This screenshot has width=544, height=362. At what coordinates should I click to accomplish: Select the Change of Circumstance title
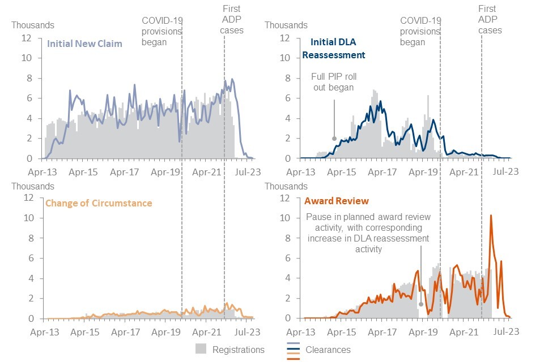[x=98, y=202]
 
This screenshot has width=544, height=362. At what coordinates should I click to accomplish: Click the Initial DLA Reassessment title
[x=334, y=49]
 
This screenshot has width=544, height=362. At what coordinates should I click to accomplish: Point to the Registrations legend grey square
[x=201, y=349]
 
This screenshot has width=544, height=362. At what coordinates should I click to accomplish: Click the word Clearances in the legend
[x=329, y=350]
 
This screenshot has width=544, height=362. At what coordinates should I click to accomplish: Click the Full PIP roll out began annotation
[x=334, y=82]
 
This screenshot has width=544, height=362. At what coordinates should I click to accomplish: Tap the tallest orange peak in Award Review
[x=491, y=216]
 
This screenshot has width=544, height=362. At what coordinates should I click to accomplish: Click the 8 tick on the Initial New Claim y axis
[x=35, y=78]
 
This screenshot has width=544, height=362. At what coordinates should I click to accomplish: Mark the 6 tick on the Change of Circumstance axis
[x=35, y=258]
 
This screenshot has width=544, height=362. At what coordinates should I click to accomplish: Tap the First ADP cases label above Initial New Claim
[x=231, y=19]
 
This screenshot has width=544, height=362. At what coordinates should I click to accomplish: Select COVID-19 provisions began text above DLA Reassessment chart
[x=420, y=31]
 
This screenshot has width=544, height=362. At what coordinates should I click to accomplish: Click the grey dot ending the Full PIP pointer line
[x=334, y=138]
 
